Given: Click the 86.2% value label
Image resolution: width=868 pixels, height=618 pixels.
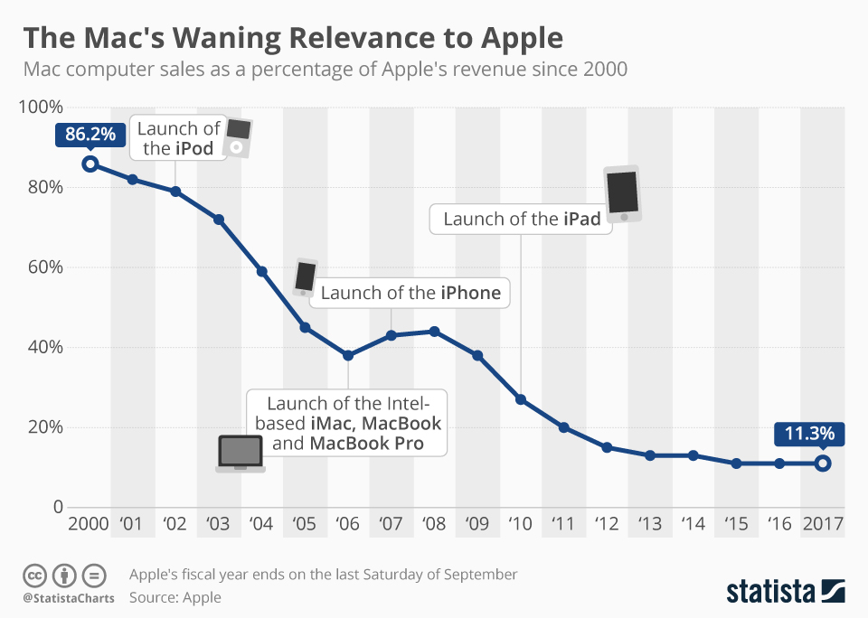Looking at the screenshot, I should [90, 135].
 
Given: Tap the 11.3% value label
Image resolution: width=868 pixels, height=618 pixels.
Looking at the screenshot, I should [809, 433].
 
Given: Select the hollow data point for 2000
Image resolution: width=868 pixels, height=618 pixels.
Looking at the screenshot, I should [90, 164].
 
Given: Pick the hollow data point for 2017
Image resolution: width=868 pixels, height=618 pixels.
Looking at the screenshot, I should [822, 463].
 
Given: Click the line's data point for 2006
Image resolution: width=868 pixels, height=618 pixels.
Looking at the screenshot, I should [348, 355].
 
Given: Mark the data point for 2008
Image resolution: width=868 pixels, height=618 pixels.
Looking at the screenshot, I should [434, 332].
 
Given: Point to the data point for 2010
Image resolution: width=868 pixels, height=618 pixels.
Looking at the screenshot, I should [521, 399].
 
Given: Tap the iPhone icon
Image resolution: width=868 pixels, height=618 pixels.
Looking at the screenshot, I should [306, 276].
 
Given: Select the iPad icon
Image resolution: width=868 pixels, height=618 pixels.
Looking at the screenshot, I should [623, 193].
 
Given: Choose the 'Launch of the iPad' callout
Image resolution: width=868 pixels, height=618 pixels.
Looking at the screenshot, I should [522, 219].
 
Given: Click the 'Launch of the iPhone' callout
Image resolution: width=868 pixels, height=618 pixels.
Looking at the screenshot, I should [410, 293].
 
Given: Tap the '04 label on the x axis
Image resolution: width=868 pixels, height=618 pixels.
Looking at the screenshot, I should [261, 524].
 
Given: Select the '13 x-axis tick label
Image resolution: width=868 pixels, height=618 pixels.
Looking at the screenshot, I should [649, 524].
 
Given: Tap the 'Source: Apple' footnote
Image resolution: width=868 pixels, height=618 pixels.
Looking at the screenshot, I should [175, 597].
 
